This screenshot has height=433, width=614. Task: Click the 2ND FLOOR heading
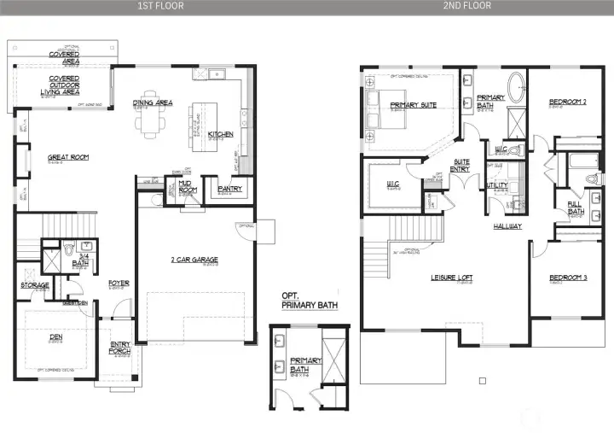(x=467, y=5)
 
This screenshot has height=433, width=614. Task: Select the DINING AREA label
(x=153, y=102)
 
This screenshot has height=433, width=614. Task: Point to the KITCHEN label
(x=220, y=135)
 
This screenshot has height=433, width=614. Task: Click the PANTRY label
(x=230, y=189)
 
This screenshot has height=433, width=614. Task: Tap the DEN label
(x=56, y=336)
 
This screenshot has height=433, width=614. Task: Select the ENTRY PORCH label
(x=120, y=348)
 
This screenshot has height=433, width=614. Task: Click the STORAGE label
(x=35, y=285)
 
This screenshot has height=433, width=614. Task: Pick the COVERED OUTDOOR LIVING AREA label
(x=63, y=83)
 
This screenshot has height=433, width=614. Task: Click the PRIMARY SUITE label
(x=414, y=105)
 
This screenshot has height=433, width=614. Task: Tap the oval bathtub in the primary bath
(x=517, y=89)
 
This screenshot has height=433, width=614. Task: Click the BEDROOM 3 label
(x=567, y=278)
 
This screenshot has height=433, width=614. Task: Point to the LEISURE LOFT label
(x=452, y=278)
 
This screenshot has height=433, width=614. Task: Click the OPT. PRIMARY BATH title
(x=310, y=300)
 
